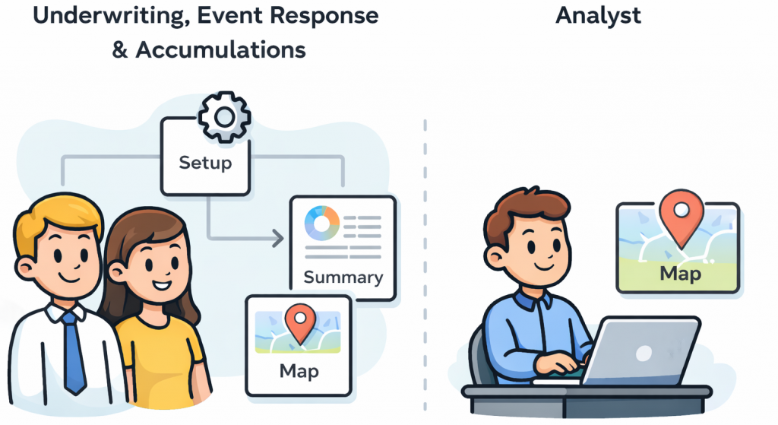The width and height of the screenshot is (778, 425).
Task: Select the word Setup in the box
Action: (x=205, y=163)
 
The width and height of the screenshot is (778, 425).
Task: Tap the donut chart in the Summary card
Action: (x=321, y=224)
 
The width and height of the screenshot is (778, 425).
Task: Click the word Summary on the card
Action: (x=343, y=277)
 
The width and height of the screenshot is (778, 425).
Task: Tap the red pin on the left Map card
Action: (x=299, y=323)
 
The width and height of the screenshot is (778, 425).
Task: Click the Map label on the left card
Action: (x=299, y=371)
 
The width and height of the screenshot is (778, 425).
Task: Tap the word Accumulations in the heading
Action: (x=220, y=50)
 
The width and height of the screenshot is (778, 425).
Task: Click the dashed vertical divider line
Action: (x=425, y=266)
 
